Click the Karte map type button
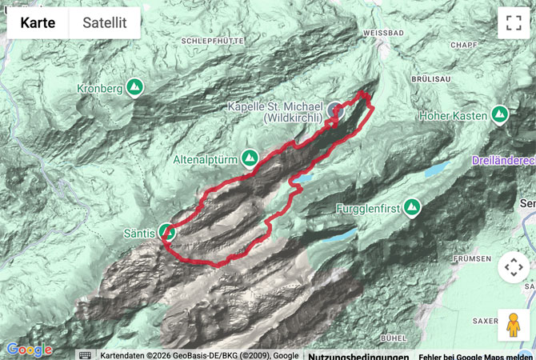pyautogui.click(x=38, y=23)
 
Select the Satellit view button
pyautogui.click(x=105, y=23)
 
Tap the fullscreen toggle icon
pyautogui.click(x=513, y=23)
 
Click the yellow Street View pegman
pyautogui.click(x=513, y=325)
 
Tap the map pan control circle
pyautogui.click(x=513, y=267)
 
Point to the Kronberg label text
pyautogui.click(x=100, y=87)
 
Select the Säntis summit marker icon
pyautogui.click(x=168, y=232)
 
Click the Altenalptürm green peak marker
pyautogui.click(x=250, y=158)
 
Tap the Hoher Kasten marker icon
pyautogui.click(x=500, y=115)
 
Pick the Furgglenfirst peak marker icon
pyautogui.click(x=412, y=209)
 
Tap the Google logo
pyautogui.click(x=29, y=350)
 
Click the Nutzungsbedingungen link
pyautogui.click(x=358, y=356)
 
